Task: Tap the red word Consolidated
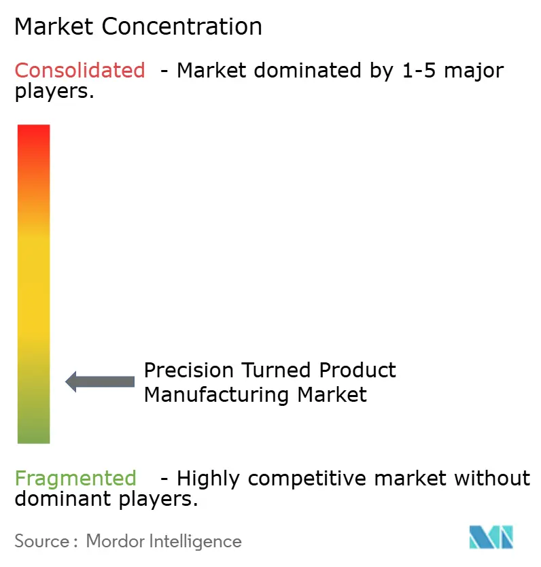click(x=80, y=70)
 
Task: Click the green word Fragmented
click(x=75, y=478)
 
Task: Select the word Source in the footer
click(x=42, y=541)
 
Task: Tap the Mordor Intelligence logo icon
click(x=490, y=537)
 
